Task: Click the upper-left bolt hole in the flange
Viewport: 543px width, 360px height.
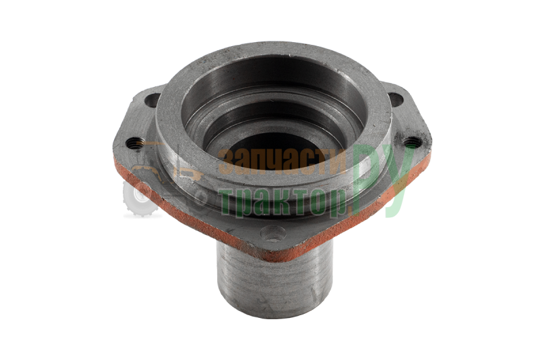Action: coord(152,100)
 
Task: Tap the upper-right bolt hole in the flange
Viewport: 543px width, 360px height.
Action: coord(396,99)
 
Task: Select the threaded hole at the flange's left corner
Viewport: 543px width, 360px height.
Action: coord(134,143)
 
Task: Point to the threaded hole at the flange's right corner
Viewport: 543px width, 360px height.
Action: coord(412,142)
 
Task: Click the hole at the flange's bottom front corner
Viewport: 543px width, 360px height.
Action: coord(274,233)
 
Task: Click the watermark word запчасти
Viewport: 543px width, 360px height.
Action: coord(283,161)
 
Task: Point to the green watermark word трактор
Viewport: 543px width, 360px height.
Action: coord(283,202)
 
